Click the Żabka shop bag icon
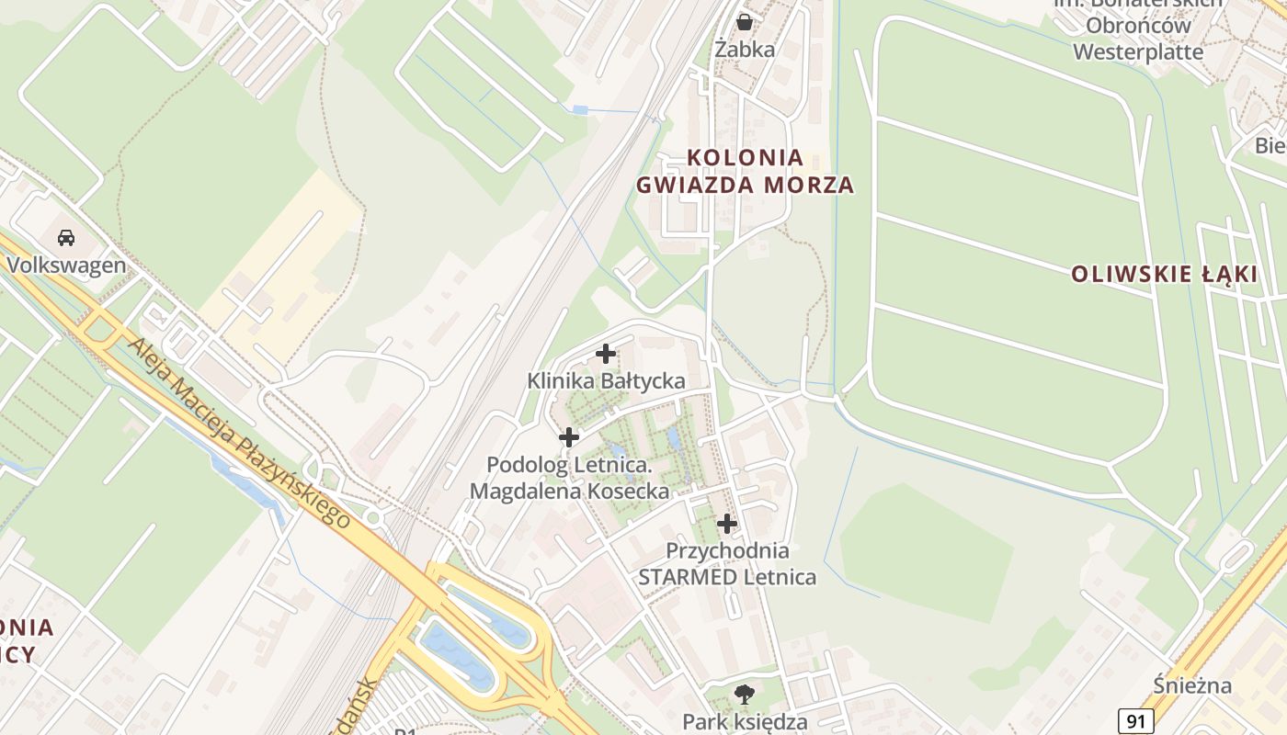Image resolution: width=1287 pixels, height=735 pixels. coord(745,21)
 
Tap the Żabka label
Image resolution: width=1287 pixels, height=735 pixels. coord(745,50)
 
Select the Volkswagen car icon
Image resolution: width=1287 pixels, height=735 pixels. coord(66,237)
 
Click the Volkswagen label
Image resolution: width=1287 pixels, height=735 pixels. coord(66,266)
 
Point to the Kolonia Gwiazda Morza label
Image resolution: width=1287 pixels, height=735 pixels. coord(745,171)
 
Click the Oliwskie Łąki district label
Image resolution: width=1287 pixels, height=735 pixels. coord(1165,274)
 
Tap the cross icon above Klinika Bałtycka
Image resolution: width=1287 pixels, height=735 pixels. coord(606,353)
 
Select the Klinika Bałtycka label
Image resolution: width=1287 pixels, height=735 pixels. coord(606,380)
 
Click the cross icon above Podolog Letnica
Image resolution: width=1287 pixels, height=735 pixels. coord(569,437)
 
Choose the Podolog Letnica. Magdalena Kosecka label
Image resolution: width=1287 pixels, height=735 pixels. coord(569,478)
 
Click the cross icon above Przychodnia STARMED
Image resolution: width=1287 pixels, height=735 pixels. coord(727,524)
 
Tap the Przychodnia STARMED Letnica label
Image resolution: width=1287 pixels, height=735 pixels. coord(727,564)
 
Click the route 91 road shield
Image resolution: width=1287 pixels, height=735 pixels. coord(1136,721)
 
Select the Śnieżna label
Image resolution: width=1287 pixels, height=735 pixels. coord(1179,685)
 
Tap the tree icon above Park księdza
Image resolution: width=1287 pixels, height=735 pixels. coord(744,694)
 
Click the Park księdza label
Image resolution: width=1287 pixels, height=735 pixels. coord(745,721)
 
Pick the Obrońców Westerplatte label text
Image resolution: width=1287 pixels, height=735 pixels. coord(1138,39)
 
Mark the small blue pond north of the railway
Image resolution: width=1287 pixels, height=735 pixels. coord(579,110)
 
